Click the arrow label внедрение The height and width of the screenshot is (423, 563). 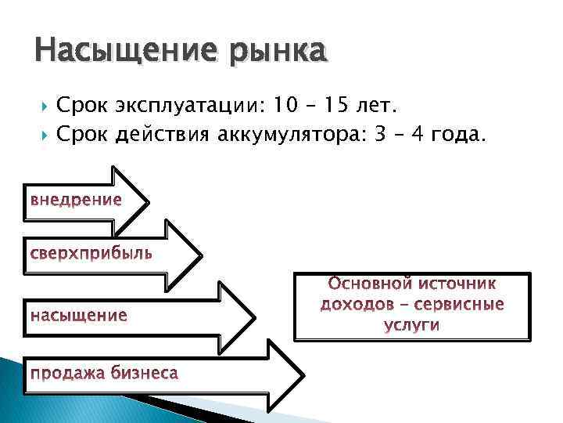click(x=76, y=200)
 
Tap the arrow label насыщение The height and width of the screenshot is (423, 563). click(x=78, y=315)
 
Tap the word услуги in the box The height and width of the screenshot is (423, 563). click(x=412, y=324)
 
